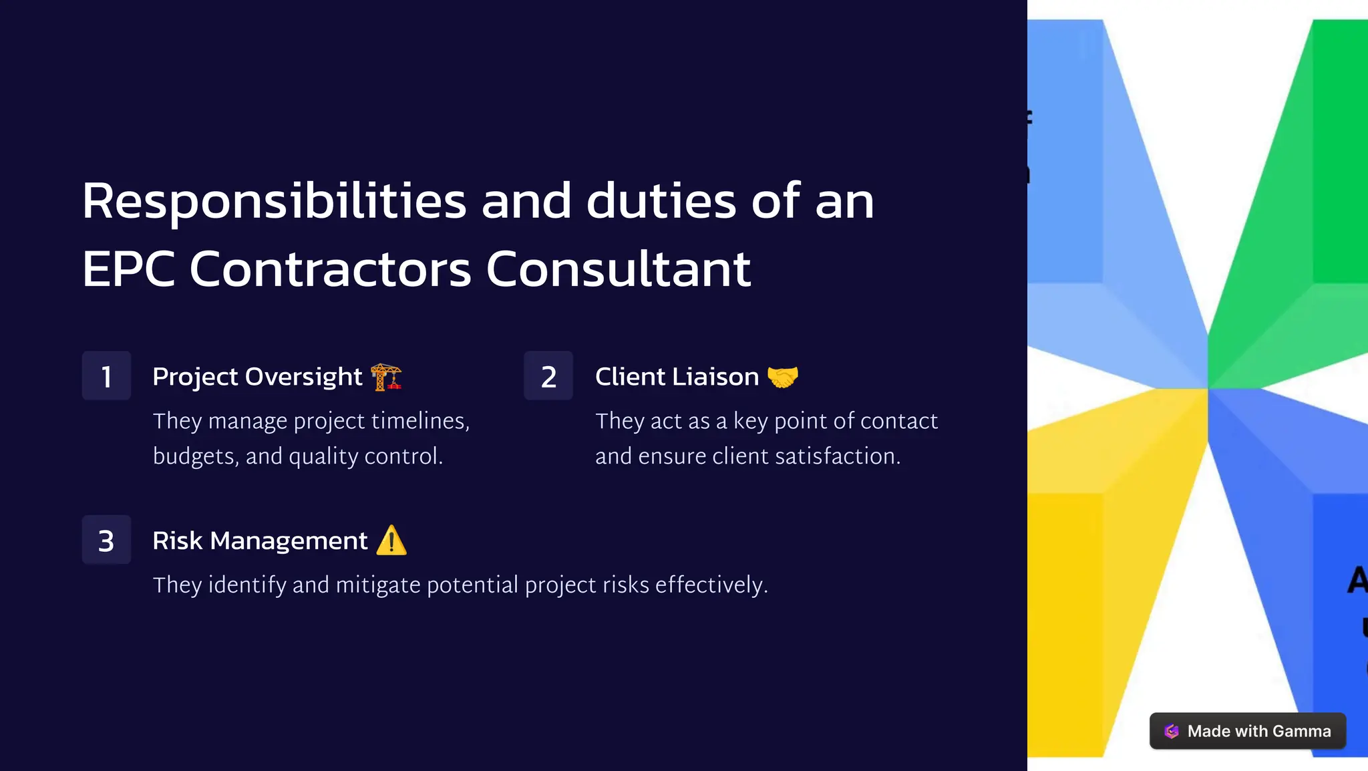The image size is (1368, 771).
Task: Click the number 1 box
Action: pyautogui.click(x=106, y=375)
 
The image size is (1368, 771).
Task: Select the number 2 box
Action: pyautogui.click(x=548, y=375)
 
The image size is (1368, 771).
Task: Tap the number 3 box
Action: pyautogui.click(x=106, y=540)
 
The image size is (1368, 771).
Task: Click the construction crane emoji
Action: pyautogui.click(x=386, y=377)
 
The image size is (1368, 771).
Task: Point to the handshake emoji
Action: pyautogui.click(x=783, y=377)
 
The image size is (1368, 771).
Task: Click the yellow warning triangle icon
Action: pyautogui.click(x=391, y=541)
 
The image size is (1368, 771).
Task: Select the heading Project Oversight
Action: pyautogui.click(x=257, y=377)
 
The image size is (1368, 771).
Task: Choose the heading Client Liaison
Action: pyautogui.click(x=677, y=377)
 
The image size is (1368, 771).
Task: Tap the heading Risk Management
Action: pyautogui.click(x=260, y=541)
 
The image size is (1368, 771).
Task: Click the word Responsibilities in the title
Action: pyautogui.click(x=274, y=201)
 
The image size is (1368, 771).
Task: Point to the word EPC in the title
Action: pyautogui.click(x=128, y=269)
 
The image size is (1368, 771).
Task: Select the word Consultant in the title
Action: pyautogui.click(x=619, y=269)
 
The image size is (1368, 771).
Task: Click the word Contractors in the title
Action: pyautogui.click(x=331, y=269)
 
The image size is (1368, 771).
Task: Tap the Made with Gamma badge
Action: pyautogui.click(x=1247, y=731)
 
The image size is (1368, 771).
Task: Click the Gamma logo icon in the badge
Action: pyautogui.click(x=1172, y=731)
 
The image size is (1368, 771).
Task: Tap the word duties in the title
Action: pyautogui.click(x=661, y=201)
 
